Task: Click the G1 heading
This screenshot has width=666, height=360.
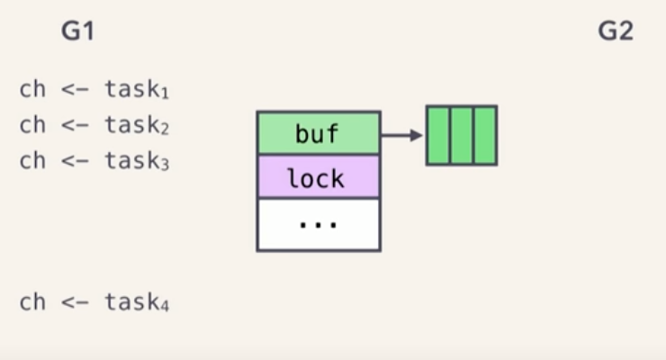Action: pyautogui.click(x=78, y=31)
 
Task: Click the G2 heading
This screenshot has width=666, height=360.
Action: pyautogui.click(x=616, y=31)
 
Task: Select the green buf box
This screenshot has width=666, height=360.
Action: pyautogui.click(x=319, y=133)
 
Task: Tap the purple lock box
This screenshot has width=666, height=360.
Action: pyautogui.click(x=319, y=177)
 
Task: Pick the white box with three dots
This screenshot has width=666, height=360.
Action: pyautogui.click(x=319, y=224)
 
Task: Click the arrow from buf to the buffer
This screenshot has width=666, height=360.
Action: pyautogui.click(x=402, y=135)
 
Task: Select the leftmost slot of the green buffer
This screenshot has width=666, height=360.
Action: pyautogui.click(x=438, y=135)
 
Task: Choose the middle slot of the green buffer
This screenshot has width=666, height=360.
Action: pyautogui.click(x=462, y=135)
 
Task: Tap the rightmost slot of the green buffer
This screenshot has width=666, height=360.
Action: pyautogui.click(x=485, y=135)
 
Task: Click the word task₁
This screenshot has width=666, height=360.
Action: pyautogui.click(x=137, y=90)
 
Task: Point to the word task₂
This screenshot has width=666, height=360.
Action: pyautogui.click(x=137, y=125)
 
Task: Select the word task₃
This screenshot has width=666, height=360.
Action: pyautogui.click(x=137, y=161)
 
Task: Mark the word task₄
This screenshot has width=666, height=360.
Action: pyautogui.click(x=137, y=301)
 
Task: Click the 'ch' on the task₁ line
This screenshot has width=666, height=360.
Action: pyautogui.click(x=31, y=90)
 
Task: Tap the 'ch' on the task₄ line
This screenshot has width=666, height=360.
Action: pyautogui.click(x=31, y=301)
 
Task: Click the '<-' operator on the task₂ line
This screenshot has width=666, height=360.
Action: pyautogui.click(x=75, y=126)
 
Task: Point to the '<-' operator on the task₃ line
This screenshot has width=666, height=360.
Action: pyautogui.click(x=75, y=162)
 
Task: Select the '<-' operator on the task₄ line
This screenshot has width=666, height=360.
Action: pyautogui.click(x=75, y=302)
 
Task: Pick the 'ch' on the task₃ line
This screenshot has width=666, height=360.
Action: pyautogui.click(x=31, y=161)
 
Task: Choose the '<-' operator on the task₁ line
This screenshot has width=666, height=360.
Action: pyautogui.click(x=75, y=91)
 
